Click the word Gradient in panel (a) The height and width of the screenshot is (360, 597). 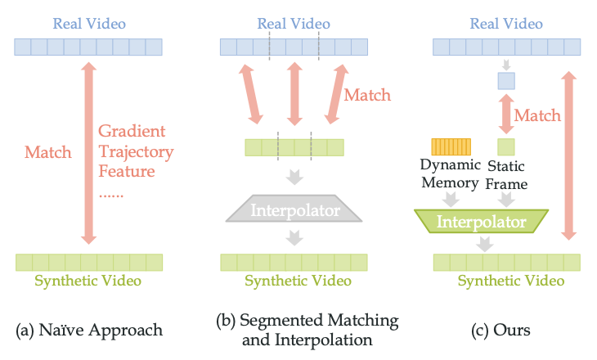131,131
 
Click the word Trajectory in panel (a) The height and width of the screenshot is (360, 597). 136,151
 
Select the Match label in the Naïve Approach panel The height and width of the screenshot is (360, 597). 48,151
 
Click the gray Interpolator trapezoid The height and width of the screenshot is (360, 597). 294,210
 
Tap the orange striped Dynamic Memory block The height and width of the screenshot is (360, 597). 450,146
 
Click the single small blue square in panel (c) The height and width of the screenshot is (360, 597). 506,80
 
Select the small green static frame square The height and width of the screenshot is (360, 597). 506,146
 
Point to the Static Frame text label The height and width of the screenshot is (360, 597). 506,174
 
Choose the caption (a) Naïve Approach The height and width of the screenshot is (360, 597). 89,331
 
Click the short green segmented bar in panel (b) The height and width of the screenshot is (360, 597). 294,147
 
